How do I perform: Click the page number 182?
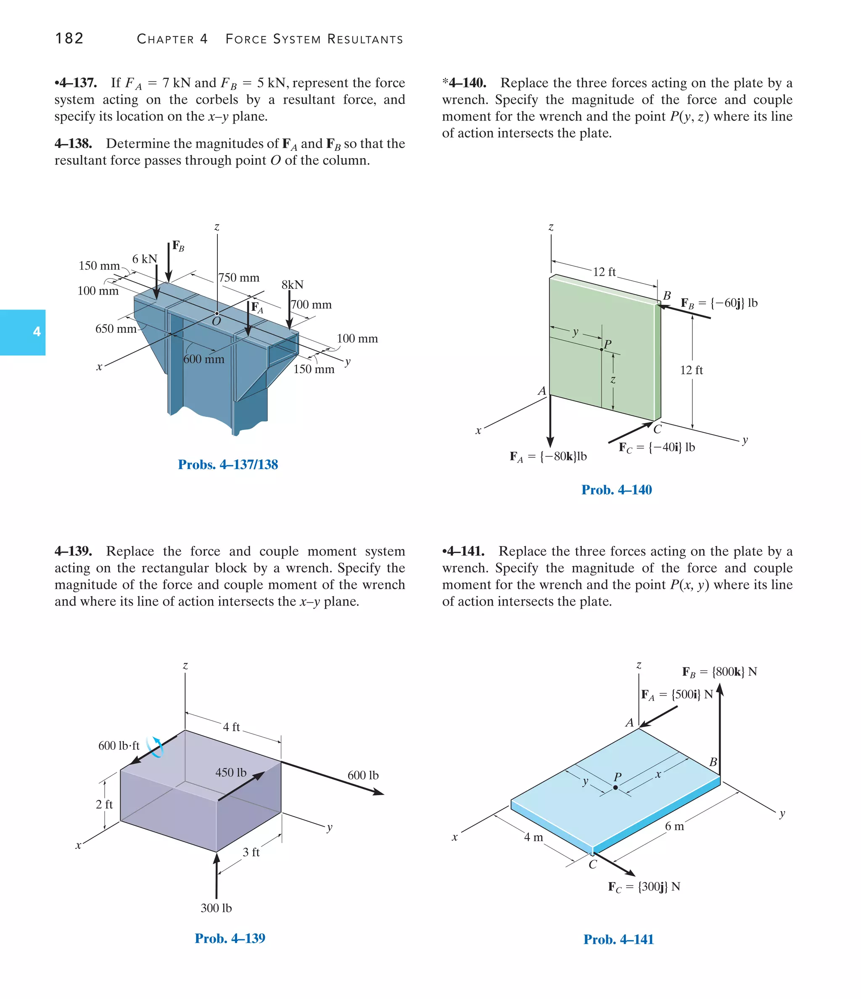click(x=69, y=39)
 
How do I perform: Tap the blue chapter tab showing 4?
click(x=23, y=332)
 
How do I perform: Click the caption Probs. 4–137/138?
click(x=228, y=464)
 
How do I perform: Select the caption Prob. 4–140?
click(x=616, y=490)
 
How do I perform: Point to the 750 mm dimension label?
click(x=239, y=278)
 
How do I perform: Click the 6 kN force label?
click(x=145, y=259)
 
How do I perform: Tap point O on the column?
click(x=217, y=314)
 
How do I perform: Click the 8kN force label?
click(x=292, y=285)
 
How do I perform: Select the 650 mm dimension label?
click(x=116, y=329)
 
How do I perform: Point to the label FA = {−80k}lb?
click(x=549, y=456)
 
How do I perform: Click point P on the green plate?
click(x=602, y=349)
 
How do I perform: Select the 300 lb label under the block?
click(x=216, y=908)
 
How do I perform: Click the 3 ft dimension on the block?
click(x=251, y=852)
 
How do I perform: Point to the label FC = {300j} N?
click(x=644, y=886)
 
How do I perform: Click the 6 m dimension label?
click(x=674, y=826)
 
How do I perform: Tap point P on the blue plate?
click(x=615, y=787)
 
